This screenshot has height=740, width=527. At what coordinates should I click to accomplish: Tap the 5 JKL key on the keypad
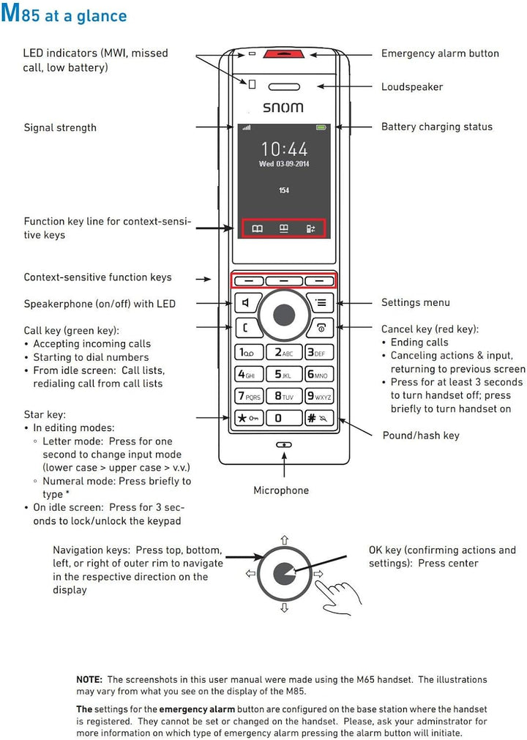click(283, 374)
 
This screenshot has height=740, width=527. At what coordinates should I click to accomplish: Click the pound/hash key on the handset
click(318, 418)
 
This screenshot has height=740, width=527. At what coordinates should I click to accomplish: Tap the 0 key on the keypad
click(283, 418)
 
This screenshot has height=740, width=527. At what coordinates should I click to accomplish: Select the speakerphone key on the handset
click(247, 302)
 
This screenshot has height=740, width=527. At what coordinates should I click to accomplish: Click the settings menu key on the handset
click(320, 302)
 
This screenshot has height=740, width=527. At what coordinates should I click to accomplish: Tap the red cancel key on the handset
click(320, 327)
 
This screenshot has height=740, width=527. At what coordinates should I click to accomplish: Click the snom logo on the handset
click(283, 108)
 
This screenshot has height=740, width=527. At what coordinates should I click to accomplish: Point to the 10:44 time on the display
click(284, 149)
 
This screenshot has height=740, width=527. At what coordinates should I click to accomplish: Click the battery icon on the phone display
click(321, 128)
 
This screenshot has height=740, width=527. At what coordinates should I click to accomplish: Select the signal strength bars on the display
click(246, 128)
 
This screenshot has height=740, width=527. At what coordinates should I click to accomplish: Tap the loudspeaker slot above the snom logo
click(284, 86)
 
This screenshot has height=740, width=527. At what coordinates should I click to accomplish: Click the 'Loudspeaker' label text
click(411, 87)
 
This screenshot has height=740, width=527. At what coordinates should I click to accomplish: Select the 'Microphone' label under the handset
click(281, 490)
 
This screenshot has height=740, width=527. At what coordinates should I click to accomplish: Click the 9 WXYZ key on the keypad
click(318, 396)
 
